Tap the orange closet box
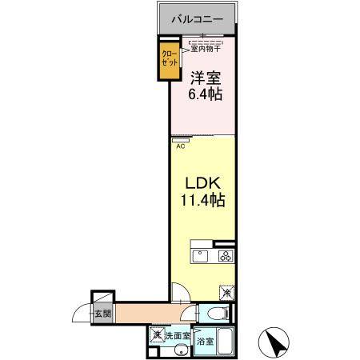tap(168, 61)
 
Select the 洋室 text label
tap(206, 78)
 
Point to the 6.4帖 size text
tap(206, 94)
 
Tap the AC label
tap(181, 146)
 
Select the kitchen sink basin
tap(201, 256)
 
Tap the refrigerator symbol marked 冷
tap(226, 294)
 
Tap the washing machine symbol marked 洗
tap(157, 334)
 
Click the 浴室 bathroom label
tap(206, 341)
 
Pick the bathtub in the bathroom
tap(224, 342)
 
